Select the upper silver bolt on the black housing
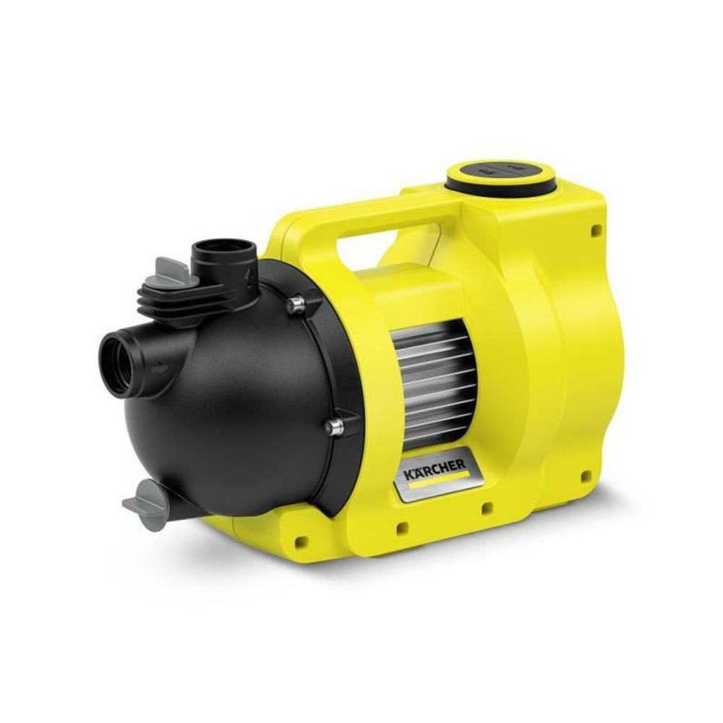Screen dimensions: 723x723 click(296, 305)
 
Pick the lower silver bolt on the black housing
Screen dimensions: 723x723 click(334, 427)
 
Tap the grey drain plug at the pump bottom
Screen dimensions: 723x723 click(147, 505)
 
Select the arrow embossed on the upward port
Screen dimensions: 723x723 click(250, 275)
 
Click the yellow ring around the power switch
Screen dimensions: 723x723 click(500, 176)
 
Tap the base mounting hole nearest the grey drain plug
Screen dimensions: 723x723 click(301, 540)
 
